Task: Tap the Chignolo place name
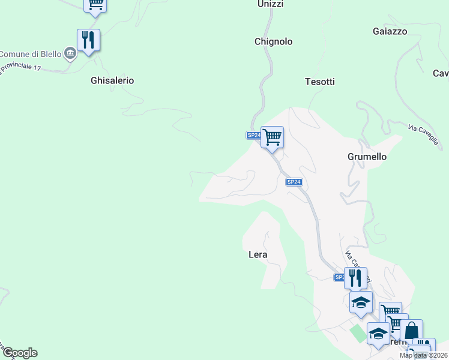click(x=273, y=41)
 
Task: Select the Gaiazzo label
click(x=390, y=31)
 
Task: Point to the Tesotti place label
click(x=319, y=82)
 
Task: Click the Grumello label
click(x=367, y=157)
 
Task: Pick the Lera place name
click(x=258, y=254)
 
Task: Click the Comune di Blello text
click(x=29, y=54)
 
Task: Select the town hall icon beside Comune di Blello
click(x=70, y=54)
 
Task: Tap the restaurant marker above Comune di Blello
click(x=88, y=40)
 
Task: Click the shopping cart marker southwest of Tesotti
click(x=273, y=137)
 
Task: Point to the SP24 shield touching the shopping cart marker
click(x=253, y=136)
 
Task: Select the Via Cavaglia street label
click(x=424, y=136)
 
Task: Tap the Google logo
click(x=20, y=353)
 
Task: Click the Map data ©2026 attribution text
click(x=423, y=355)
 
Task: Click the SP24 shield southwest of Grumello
click(x=294, y=182)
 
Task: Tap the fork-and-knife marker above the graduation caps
click(x=355, y=277)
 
